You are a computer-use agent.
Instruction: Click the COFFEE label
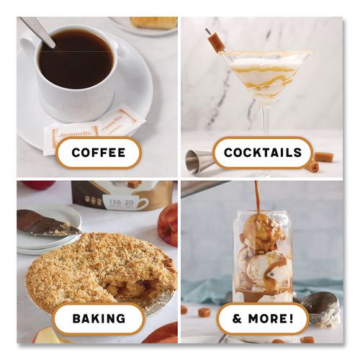(x=98, y=153)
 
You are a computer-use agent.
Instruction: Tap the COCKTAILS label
(x=263, y=153)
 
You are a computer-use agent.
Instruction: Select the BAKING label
(x=99, y=318)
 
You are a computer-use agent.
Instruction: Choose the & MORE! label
(x=261, y=318)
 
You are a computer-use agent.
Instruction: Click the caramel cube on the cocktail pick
(x=216, y=42)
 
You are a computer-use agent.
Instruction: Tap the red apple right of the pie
(x=168, y=225)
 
